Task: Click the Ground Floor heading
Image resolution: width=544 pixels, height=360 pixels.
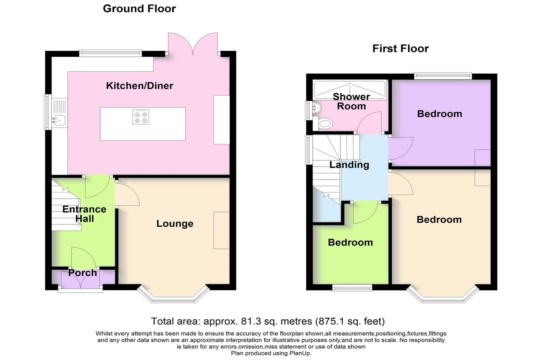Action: click(x=139, y=9)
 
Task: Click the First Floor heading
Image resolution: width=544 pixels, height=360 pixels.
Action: click(x=400, y=49)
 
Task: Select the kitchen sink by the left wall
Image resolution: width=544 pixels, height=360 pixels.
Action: click(x=58, y=119)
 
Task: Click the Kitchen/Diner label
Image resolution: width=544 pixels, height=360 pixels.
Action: click(x=139, y=86)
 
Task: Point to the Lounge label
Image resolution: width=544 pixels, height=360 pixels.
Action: click(x=175, y=224)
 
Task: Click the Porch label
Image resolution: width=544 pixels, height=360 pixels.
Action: click(x=83, y=273)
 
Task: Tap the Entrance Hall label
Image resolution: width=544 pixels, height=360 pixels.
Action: click(x=84, y=214)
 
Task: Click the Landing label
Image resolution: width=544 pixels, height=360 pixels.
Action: click(x=349, y=165)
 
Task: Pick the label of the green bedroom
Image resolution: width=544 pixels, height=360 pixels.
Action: click(x=350, y=243)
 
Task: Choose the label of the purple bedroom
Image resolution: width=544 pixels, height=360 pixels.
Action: click(x=439, y=114)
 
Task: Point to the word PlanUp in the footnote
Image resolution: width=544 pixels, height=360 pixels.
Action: click(x=300, y=353)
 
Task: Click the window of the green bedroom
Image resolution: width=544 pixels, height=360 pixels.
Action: click(x=352, y=288)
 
